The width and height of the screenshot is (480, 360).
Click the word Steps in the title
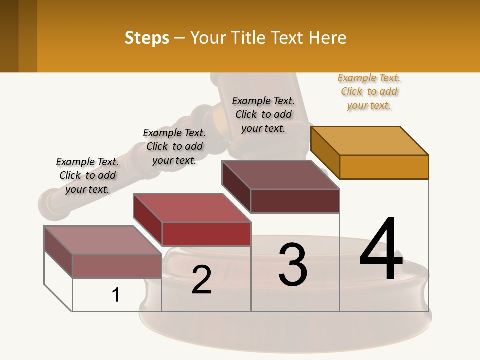click(x=147, y=38)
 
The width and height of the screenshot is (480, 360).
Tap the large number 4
click(x=381, y=249)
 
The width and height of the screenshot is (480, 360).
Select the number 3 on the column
click(x=293, y=265)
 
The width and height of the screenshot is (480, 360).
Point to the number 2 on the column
click(x=201, y=280)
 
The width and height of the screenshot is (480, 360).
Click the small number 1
click(x=116, y=295)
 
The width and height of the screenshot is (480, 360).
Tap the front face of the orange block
click(x=384, y=167)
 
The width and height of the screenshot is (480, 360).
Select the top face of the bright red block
click(x=192, y=207)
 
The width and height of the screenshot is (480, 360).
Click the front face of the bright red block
click(x=206, y=234)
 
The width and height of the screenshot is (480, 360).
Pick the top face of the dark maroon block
click(x=280, y=175)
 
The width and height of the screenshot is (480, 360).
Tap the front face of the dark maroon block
click(x=295, y=201)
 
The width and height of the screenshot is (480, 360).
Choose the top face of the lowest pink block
click(x=102, y=240)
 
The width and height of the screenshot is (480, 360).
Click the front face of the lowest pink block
click(x=117, y=266)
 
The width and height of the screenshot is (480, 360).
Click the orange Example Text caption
click(x=369, y=92)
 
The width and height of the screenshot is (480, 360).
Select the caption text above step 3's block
click(x=263, y=114)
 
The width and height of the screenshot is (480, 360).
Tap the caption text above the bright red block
click(x=174, y=146)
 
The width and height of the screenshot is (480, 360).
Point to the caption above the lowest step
click(x=87, y=175)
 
